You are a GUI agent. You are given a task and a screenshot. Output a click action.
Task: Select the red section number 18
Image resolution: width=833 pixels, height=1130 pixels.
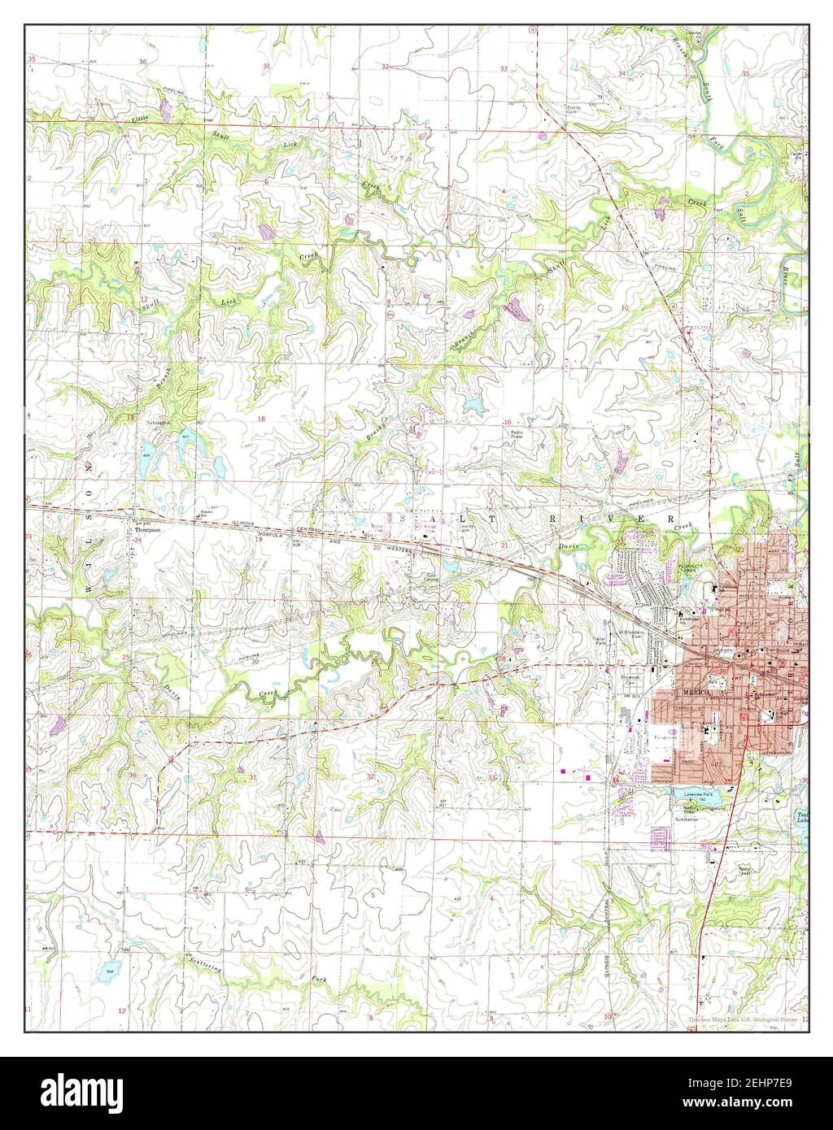261,419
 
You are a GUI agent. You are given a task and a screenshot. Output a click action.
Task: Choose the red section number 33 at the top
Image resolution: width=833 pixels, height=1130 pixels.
504,69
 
